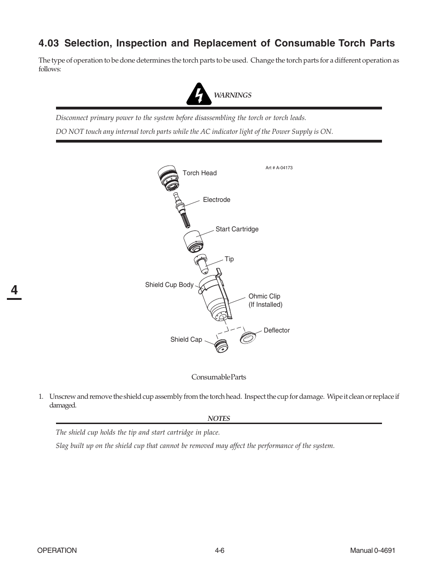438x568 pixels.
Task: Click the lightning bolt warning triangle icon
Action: [198, 94]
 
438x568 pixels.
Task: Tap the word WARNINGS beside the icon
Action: [232, 95]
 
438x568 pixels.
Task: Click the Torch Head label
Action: [199, 173]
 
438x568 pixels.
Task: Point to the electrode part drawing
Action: [180, 210]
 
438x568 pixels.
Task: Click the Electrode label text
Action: [216, 200]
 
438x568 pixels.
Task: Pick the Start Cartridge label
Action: [237, 229]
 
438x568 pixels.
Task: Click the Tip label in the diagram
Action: [229, 259]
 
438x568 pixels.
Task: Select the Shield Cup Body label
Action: [169, 285]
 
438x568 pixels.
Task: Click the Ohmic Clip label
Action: [265, 300]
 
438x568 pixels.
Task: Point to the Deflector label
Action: [276, 330]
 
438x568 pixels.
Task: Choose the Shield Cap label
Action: [186, 339]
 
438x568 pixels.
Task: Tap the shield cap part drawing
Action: [222, 345]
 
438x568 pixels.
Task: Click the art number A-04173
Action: [279, 168]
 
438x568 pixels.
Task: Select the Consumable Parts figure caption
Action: [219, 377]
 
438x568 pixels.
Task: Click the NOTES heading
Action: [219, 419]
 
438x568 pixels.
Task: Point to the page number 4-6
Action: [219, 551]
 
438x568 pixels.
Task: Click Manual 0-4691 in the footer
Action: [372, 551]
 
